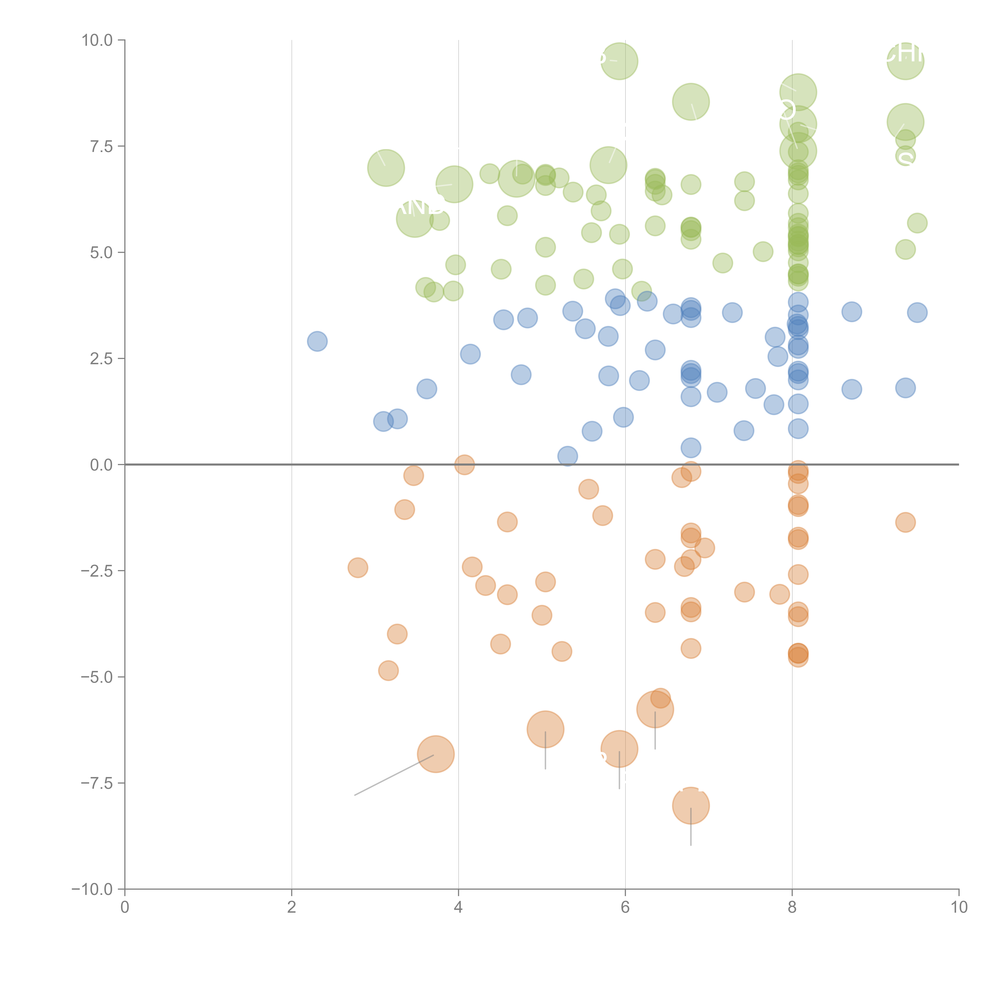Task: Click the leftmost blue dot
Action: click(x=317, y=341)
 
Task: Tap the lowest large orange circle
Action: click(x=691, y=805)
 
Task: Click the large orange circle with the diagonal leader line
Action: click(x=436, y=754)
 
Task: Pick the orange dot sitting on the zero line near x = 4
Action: click(x=464, y=464)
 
